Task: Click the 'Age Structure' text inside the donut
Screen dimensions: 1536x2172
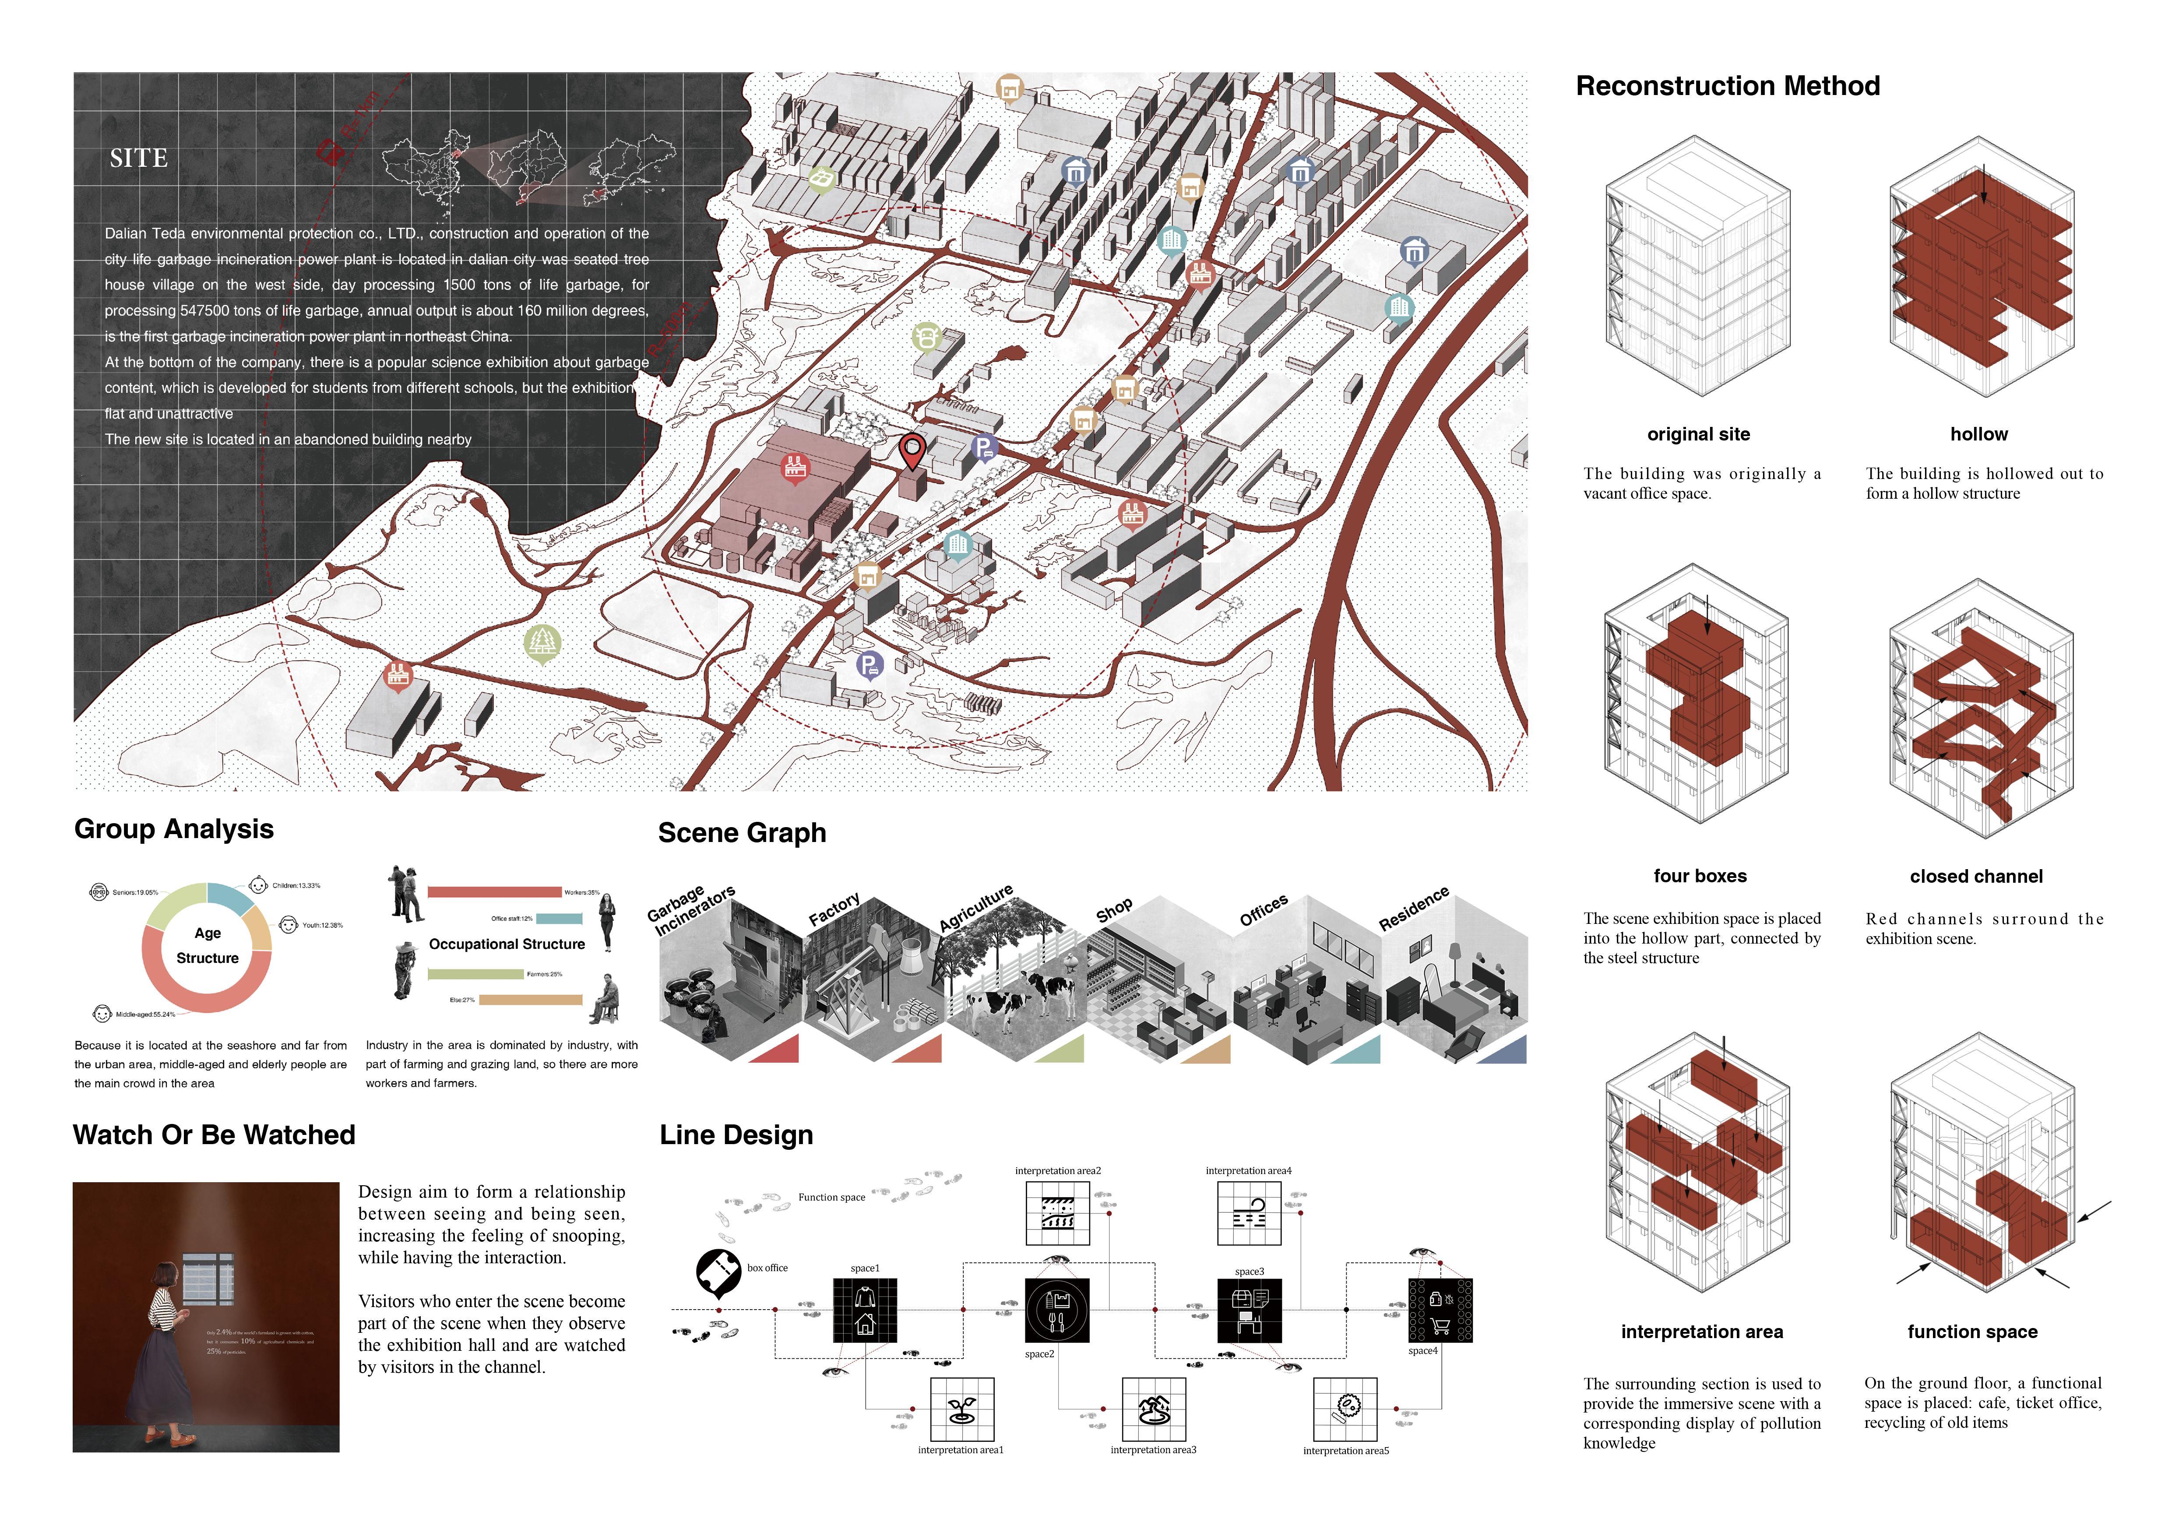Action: coord(207,945)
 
